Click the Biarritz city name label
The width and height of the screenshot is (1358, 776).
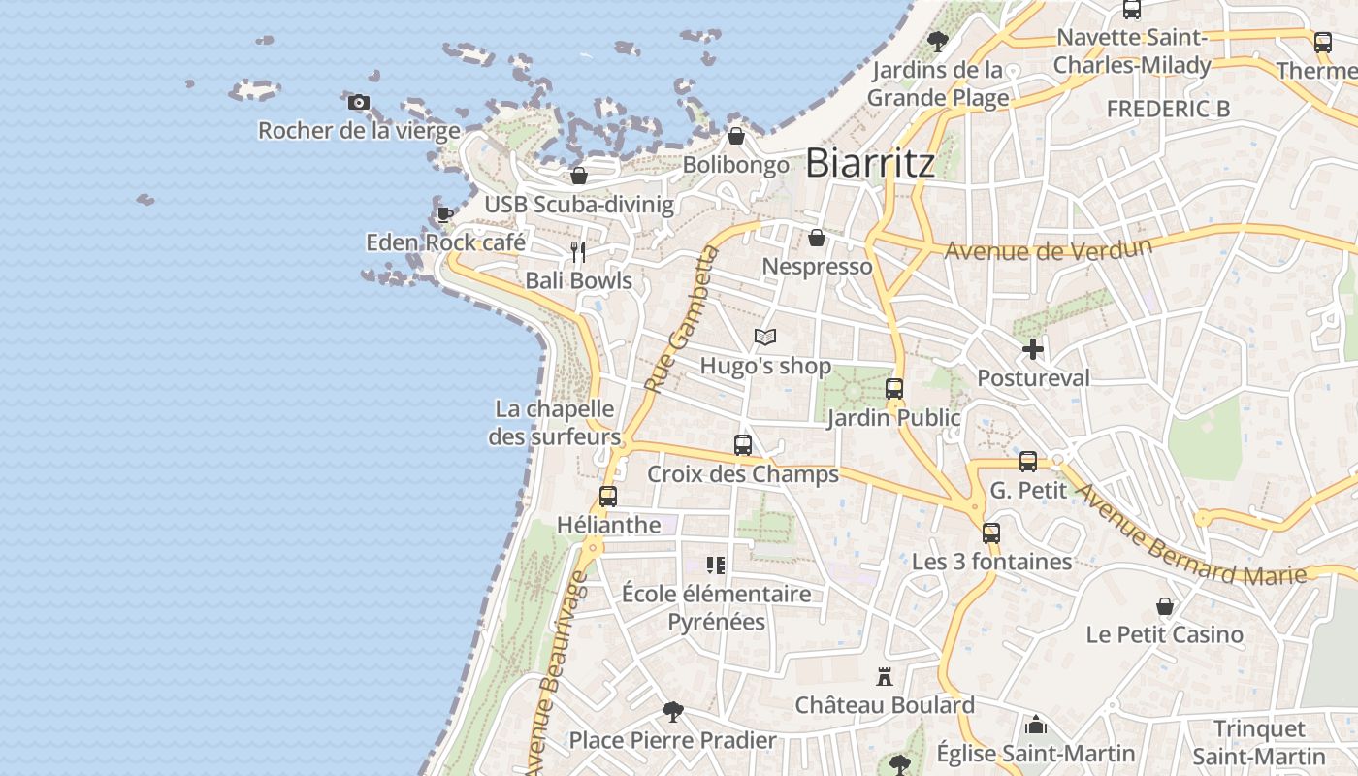[870, 162]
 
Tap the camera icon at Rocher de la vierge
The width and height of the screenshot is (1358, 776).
[359, 102]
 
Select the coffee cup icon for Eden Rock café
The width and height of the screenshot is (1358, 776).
[444, 214]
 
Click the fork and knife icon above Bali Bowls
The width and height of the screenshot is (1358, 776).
[578, 252]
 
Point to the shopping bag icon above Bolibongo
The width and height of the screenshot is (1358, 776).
[735, 136]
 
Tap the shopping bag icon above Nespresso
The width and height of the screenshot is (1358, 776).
[817, 238]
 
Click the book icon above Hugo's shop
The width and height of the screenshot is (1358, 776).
[765, 338]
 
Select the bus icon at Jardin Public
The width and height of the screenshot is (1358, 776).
[893, 389]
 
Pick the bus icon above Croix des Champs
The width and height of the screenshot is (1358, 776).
[743, 445]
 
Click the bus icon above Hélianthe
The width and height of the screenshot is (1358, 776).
[608, 497]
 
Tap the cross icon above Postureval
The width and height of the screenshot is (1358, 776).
[1033, 349]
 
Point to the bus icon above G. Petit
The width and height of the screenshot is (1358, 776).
[1028, 462]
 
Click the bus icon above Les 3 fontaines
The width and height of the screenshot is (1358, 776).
[990, 533]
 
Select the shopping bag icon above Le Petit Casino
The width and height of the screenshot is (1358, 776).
[1165, 606]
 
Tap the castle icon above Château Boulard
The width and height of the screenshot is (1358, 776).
[884, 676]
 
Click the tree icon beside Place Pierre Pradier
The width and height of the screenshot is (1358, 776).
[672, 712]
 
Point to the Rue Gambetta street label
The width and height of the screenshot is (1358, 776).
[678, 319]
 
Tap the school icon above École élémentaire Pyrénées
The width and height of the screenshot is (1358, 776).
[716, 566]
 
